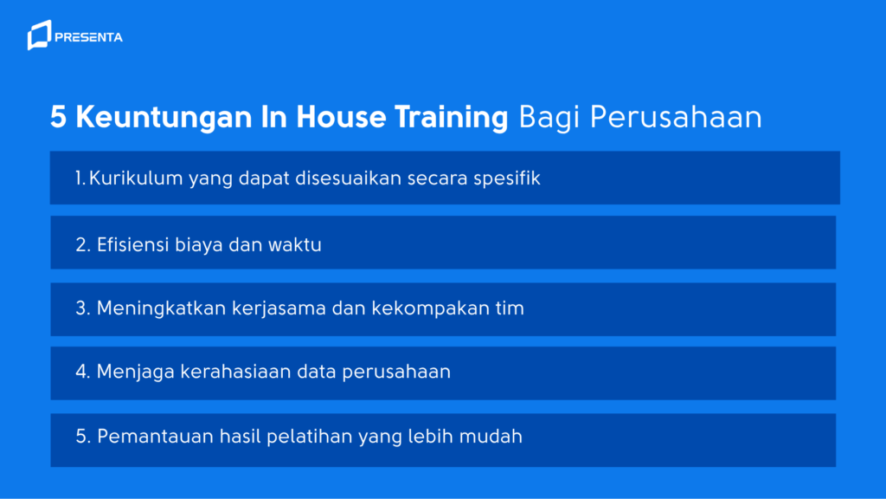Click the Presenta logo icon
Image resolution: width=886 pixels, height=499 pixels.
(39, 36)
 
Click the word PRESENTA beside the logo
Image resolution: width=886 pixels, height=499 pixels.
(88, 37)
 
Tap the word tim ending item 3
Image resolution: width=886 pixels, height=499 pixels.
(510, 308)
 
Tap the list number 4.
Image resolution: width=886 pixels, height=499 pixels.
(82, 373)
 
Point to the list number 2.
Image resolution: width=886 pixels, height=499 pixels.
(82, 244)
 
